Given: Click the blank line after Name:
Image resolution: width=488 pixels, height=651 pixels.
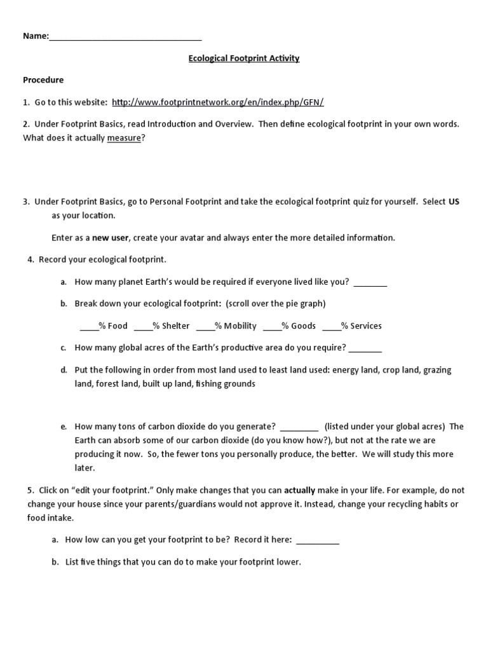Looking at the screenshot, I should coord(125,37).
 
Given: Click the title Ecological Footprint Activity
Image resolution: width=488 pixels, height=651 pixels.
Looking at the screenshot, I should coord(244,58).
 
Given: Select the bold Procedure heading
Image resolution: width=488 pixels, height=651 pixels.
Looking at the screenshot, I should coord(43,80).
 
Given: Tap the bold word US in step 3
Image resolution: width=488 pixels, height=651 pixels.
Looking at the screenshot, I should coord(454,202).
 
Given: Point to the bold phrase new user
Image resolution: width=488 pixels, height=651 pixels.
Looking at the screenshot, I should coord(111,238).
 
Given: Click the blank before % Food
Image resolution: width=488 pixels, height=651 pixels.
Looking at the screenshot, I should coord(88,326).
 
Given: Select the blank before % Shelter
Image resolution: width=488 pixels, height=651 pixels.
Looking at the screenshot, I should coord(143,326).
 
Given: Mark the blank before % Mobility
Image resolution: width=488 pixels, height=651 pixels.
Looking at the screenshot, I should coord(205,326).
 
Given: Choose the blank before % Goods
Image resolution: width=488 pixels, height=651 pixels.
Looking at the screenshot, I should coord(272,326).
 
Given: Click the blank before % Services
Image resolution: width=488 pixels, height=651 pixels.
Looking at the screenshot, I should coord(331,326).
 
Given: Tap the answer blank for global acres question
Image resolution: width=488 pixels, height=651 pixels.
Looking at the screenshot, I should coord(365,348).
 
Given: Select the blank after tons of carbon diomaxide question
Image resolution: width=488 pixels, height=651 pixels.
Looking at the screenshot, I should coord(299,427).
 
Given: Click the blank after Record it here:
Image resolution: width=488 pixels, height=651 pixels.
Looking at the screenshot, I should coord(318,540).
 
